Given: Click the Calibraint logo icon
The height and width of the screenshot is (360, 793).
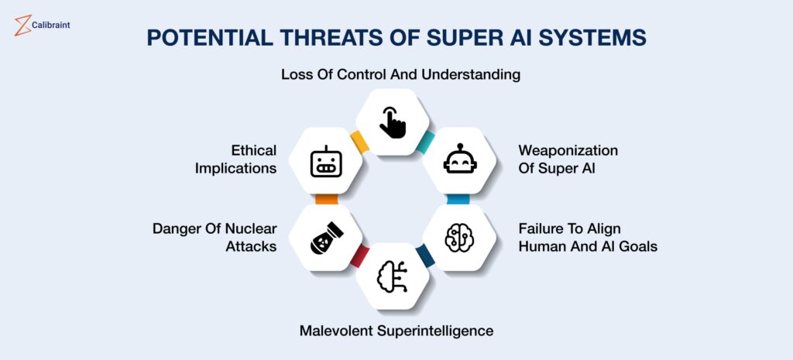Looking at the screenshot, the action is (22, 26).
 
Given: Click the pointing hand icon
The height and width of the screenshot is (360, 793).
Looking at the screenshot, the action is (393, 122).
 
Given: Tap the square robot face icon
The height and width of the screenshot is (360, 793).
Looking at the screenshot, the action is (326, 162).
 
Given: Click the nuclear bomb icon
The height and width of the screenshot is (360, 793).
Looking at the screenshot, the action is (326, 237).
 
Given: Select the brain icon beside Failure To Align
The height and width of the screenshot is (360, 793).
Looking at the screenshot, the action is (460, 237).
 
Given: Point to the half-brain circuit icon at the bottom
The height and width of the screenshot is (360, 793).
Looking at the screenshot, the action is (392, 276).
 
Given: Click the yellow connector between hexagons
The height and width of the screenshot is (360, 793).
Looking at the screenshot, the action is (359, 141).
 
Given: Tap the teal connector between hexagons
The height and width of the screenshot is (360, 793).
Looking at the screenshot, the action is (425, 142).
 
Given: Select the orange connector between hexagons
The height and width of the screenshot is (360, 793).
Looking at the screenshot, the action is (326, 199).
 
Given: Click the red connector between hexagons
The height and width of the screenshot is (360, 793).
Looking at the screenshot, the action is (359, 255).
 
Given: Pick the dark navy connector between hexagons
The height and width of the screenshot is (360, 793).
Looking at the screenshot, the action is (425, 255).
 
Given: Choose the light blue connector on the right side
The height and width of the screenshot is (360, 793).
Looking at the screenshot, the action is (458, 199).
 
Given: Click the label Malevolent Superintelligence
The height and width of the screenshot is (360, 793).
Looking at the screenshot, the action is (396, 331).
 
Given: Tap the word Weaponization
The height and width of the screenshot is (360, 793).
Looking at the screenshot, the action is (568, 151).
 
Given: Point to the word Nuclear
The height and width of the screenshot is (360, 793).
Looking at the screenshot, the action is (251, 228).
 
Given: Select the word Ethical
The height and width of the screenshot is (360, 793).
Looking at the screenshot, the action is (254, 150).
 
